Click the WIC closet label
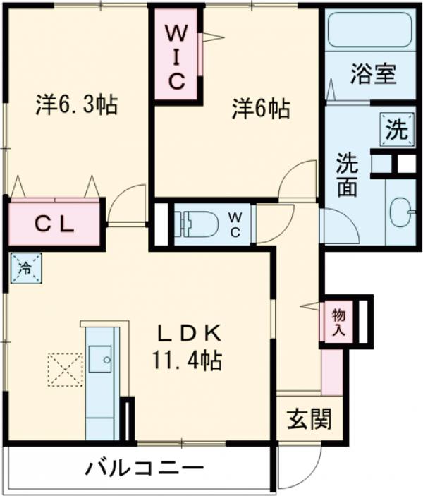tap(176, 56)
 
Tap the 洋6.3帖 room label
tap(77, 106)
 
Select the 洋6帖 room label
tap(260, 109)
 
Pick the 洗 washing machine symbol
tap(396, 130)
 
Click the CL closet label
tap(55, 224)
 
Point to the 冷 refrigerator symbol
tap(25, 268)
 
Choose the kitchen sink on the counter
tap(102, 359)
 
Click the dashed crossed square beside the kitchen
tap(65, 370)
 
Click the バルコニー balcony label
tap(145, 468)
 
